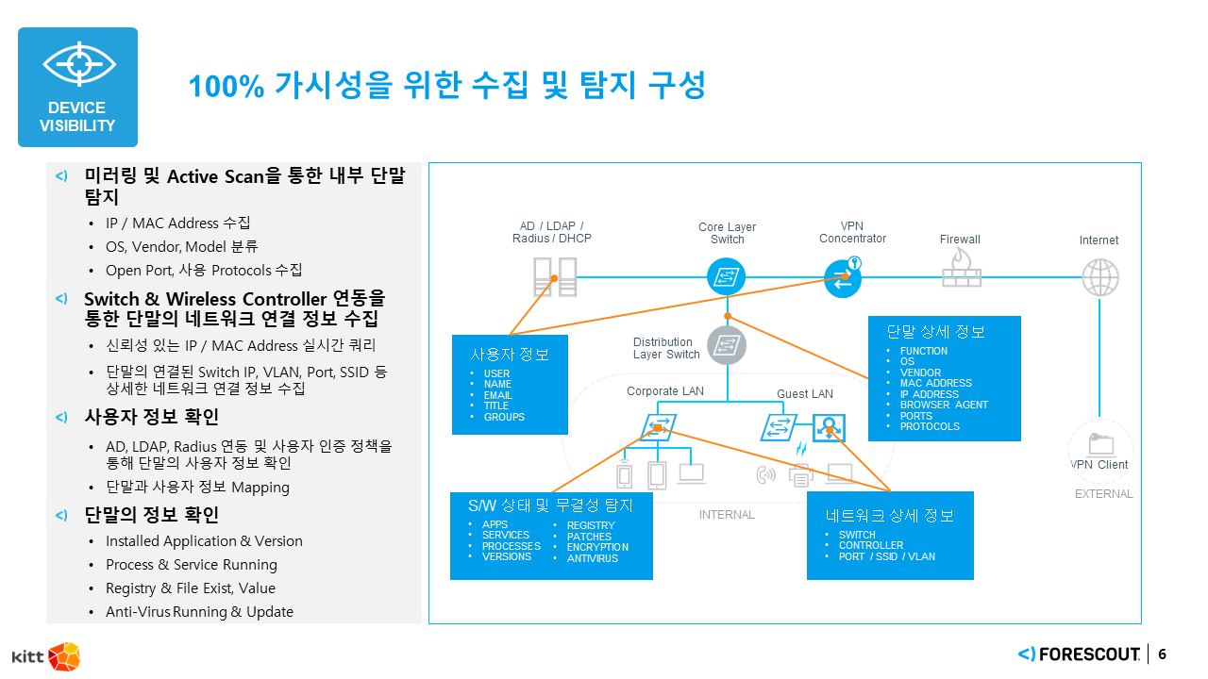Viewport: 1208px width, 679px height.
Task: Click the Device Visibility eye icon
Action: pos(78,64)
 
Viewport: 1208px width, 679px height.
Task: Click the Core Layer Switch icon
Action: pos(727,276)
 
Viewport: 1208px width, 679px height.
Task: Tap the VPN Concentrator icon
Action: pos(842,277)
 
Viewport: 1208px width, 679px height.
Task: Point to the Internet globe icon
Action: pos(1099,277)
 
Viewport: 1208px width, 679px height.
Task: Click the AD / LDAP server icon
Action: pos(554,277)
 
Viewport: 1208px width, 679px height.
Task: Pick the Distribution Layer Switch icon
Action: pos(727,345)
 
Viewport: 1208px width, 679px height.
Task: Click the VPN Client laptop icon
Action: pos(1100,444)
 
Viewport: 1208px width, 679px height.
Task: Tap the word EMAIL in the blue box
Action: pos(497,395)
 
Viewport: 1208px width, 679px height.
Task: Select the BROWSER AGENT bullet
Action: pos(944,405)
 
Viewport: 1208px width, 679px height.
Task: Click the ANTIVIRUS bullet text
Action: pos(592,558)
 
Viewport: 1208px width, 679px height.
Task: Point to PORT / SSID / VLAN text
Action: pos(886,556)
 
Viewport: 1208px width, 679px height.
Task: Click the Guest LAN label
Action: pos(805,393)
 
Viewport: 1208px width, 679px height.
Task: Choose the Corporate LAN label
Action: pos(665,391)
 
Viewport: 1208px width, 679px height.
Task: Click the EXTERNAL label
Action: pos(1103,494)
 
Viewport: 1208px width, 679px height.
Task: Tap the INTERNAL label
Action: pos(727,515)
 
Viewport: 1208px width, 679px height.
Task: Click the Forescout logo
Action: pos(1079,654)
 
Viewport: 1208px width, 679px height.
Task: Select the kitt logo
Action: pos(45,655)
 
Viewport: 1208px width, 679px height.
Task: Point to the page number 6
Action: pos(1162,654)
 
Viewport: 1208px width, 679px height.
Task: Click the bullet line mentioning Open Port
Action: pos(204,271)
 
